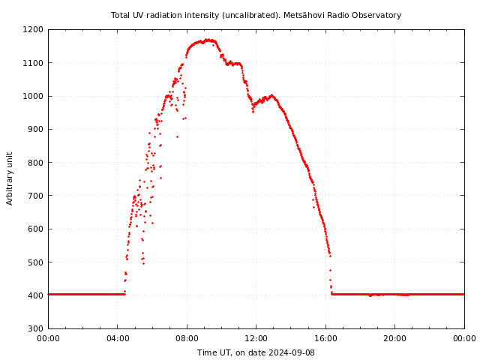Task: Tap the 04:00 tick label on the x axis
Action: (x=118, y=338)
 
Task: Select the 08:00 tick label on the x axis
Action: (x=187, y=338)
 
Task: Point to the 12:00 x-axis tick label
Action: (x=256, y=338)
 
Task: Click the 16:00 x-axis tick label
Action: (x=325, y=338)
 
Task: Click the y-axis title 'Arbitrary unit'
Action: (x=10, y=178)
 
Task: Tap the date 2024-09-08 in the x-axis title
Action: (x=291, y=352)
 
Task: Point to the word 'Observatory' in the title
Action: (x=380, y=15)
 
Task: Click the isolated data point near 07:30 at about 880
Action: (x=177, y=136)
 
